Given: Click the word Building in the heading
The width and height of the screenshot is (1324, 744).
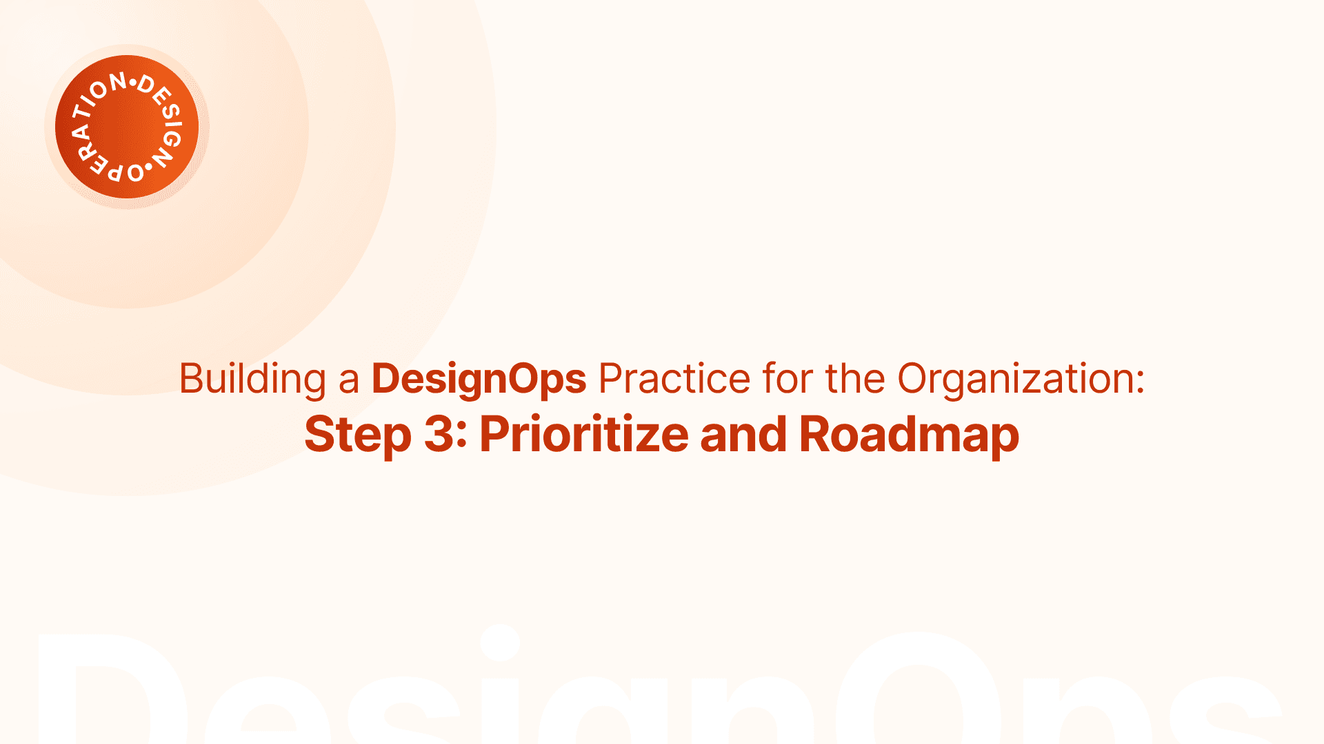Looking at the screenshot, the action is [252, 380].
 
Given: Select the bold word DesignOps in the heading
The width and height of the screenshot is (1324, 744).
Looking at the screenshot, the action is [479, 380].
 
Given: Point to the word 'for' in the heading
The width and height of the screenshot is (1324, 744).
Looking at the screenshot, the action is [788, 378].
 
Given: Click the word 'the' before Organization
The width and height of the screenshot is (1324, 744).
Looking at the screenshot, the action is [855, 378].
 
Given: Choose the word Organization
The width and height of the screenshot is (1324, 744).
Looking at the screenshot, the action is [1021, 380].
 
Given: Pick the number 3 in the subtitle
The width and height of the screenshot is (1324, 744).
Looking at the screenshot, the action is [439, 434].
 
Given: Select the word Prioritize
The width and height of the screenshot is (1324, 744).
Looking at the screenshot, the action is [584, 434].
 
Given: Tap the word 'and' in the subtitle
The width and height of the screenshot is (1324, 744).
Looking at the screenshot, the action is [743, 434].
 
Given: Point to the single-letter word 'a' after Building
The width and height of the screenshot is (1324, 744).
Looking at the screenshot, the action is [349, 383].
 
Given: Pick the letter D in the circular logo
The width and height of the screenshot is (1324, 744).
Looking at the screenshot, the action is [146, 85].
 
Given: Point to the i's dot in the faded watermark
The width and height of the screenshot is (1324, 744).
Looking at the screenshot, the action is [500, 643].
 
